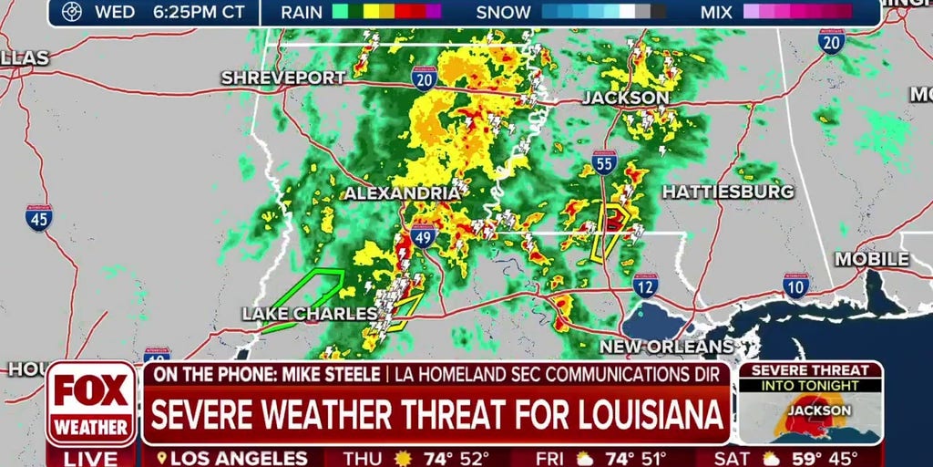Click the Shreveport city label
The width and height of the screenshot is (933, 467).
click(283, 78)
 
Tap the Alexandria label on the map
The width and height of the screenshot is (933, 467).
click(402, 193)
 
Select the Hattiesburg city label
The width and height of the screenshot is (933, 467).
click(727, 192)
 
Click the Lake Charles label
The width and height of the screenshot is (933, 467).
click(310, 314)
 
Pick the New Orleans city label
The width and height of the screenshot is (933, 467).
click(666, 347)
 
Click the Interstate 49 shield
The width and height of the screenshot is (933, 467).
click(423, 236)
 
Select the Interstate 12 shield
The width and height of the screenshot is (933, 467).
click(646, 286)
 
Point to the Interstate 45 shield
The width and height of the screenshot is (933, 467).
click(39, 217)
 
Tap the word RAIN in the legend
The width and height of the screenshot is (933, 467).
click(302, 12)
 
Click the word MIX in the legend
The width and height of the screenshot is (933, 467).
click(717, 12)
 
